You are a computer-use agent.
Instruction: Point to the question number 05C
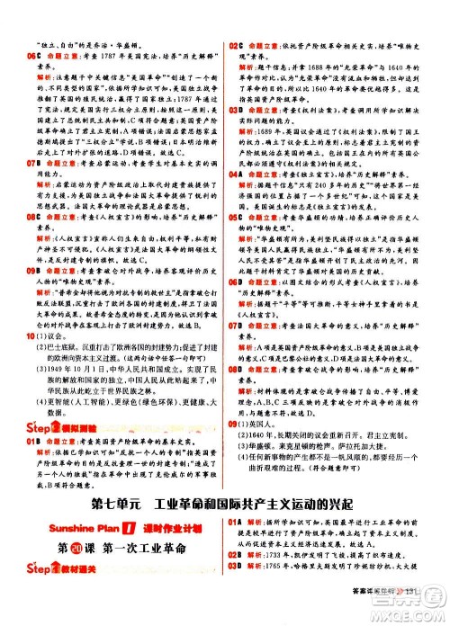(x=238, y=218)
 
